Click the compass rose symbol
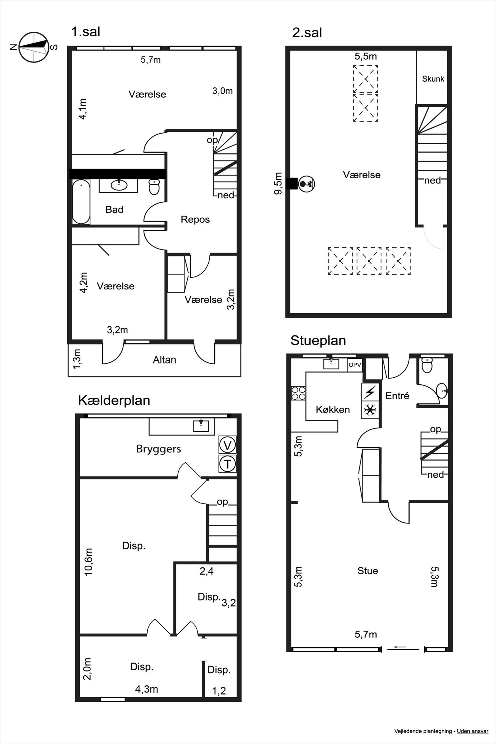[x=34, y=47]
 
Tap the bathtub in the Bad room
[x=81, y=201]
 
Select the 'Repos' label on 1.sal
[x=195, y=219]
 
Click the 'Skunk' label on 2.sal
[x=433, y=79]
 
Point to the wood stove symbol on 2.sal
[x=306, y=183]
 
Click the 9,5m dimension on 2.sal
[x=278, y=183]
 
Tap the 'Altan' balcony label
[x=164, y=360]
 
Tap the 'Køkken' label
[x=333, y=410]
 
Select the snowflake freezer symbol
[x=370, y=410]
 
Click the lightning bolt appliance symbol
[x=370, y=392]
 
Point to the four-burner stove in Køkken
[x=298, y=393]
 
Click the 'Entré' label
[x=397, y=396]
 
